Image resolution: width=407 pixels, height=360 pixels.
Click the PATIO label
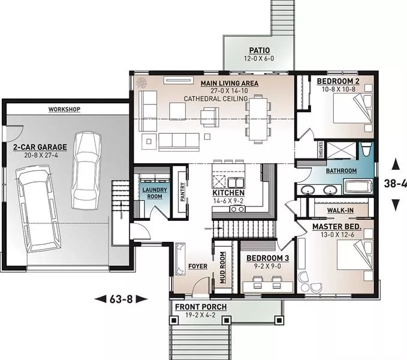[260, 50]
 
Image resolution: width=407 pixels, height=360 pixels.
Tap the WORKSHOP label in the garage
[64, 109]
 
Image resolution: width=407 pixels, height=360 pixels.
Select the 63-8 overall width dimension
[121, 299]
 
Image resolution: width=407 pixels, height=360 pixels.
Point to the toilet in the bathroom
[366, 149]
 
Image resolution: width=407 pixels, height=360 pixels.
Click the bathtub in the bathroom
[358, 186]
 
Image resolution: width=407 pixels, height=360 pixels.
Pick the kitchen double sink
[236, 182]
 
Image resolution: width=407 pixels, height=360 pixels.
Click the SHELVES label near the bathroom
[321, 149]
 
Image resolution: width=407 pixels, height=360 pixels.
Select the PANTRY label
[182, 191]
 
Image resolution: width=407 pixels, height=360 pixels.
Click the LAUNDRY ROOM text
[155, 193]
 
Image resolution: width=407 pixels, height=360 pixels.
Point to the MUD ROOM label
[222, 268]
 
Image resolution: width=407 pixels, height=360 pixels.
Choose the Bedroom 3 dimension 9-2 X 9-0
[267, 266]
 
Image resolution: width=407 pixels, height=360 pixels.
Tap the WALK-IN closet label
[340, 210]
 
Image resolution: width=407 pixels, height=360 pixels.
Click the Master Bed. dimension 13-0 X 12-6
[337, 235]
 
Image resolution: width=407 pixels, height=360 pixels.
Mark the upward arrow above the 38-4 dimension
[396, 164]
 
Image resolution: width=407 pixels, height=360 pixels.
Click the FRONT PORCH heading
[201, 307]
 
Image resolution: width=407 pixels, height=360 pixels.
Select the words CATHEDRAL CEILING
[216, 99]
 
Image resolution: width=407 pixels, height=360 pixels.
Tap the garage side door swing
[15, 130]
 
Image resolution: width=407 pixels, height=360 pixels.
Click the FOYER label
[198, 266]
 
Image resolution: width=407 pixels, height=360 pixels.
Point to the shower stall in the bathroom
[341, 150]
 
